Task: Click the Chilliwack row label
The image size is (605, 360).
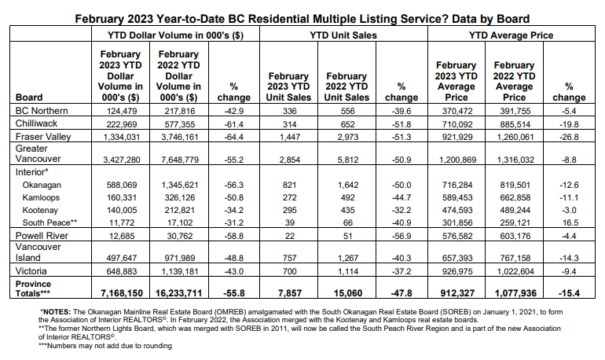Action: [x=36, y=123]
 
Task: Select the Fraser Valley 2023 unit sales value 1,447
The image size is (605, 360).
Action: [x=289, y=137]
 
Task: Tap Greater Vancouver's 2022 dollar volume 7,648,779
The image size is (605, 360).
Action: [x=180, y=160]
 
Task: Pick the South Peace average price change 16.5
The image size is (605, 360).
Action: [x=569, y=222]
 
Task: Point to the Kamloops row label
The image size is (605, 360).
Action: [x=41, y=197]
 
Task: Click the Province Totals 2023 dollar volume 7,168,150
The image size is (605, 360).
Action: [x=122, y=293]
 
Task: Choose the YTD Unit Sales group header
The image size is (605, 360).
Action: [x=343, y=35]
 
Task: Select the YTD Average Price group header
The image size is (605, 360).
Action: [x=511, y=35]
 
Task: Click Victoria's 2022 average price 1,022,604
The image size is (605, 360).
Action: [x=515, y=271]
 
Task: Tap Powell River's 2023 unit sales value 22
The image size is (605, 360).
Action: [x=290, y=236]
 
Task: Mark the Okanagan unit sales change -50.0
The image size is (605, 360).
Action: [x=401, y=186]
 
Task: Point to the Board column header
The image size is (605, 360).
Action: [x=29, y=97]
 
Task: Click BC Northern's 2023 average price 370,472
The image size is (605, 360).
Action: [x=457, y=111]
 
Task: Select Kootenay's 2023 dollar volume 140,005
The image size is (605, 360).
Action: [x=122, y=211]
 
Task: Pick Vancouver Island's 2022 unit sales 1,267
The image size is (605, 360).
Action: [x=347, y=258]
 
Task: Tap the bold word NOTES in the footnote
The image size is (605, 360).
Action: [x=57, y=312]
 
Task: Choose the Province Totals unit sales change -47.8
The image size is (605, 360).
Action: [x=401, y=293]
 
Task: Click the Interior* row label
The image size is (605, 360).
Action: [x=32, y=172]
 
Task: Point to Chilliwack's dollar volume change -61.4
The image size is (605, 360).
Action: [x=234, y=124]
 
